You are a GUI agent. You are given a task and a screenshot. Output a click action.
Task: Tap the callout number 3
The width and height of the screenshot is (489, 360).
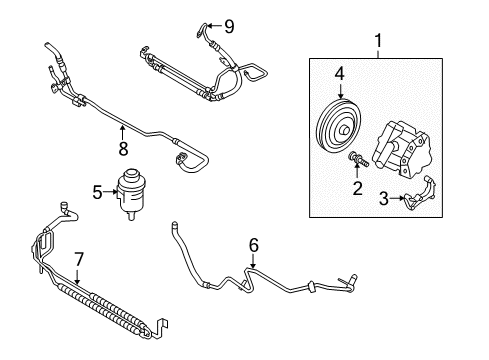[384, 198]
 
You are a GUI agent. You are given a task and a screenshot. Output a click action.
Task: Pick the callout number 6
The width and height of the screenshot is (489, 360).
[253, 245]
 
